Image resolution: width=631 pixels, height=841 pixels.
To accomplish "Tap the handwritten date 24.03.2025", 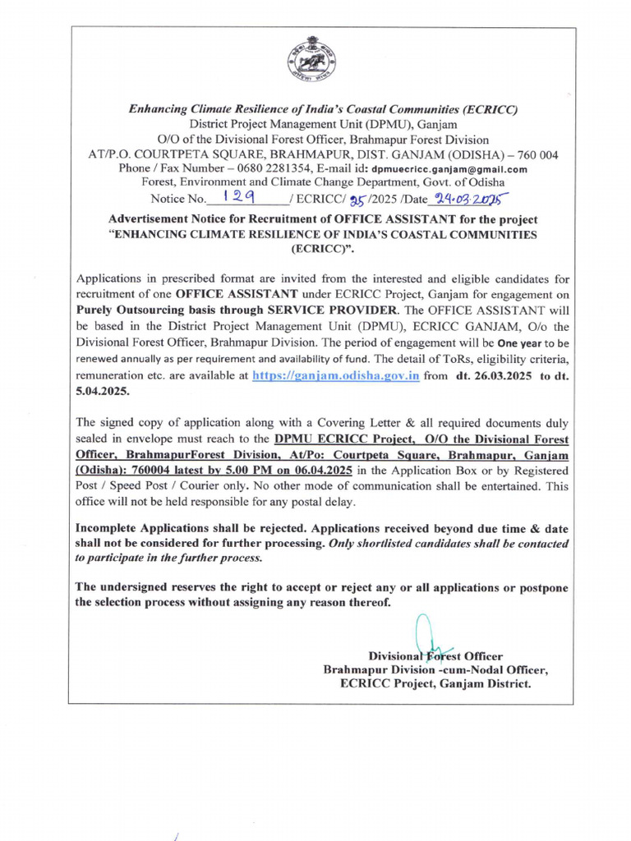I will tap(472, 198).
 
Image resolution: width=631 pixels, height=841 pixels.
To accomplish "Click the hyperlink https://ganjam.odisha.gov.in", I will tap(335, 375).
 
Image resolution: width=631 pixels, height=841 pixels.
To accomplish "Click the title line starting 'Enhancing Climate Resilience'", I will tap(323, 109).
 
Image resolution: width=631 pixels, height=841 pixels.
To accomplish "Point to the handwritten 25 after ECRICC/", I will tap(357, 198).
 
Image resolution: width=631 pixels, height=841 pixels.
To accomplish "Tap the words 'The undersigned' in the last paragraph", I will tap(120, 587).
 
